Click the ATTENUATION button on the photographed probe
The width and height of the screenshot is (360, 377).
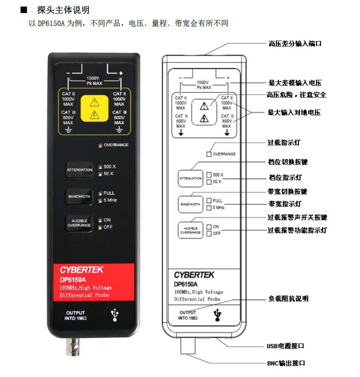[79, 170]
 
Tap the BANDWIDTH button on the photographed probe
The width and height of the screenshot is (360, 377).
[79, 196]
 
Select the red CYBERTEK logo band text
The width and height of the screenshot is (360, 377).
[81, 270]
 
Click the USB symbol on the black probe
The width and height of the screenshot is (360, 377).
[115, 315]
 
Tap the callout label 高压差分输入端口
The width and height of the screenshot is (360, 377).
[294, 43]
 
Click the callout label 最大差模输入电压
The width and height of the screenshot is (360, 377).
[294, 83]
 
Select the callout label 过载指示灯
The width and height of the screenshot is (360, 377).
[284, 143]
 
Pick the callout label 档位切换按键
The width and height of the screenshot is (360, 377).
[287, 163]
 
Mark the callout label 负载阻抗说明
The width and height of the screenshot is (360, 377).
[288, 298]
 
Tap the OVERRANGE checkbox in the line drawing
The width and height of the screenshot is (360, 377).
[209, 154]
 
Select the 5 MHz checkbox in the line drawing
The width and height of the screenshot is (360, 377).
[209, 207]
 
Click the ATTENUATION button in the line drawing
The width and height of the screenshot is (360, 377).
[191, 178]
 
